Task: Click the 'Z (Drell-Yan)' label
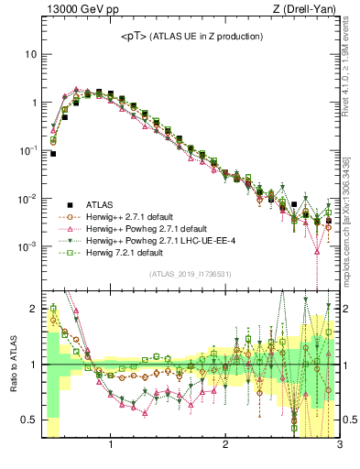click(x=306, y=10)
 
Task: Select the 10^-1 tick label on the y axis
click(x=28, y=150)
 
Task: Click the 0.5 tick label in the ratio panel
click(x=28, y=420)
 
